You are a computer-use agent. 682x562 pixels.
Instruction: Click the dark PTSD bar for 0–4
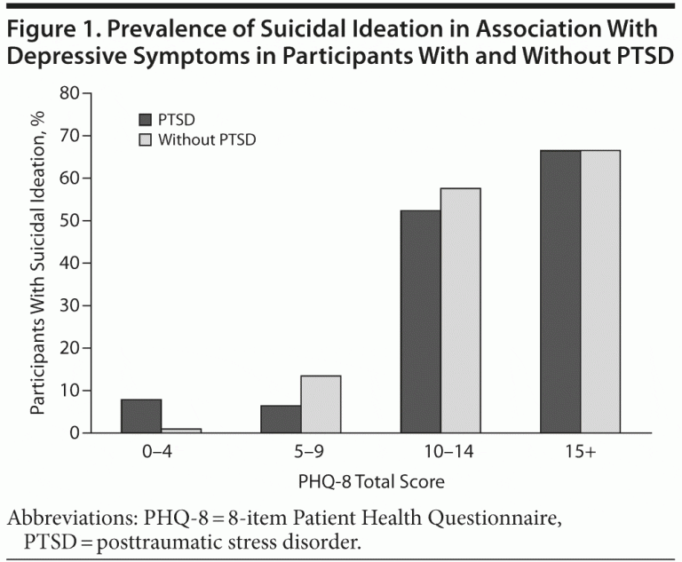141,416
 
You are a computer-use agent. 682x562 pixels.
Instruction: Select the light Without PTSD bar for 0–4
181,431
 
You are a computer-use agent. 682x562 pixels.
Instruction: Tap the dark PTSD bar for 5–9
282,419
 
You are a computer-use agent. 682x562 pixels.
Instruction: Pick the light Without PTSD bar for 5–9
321,404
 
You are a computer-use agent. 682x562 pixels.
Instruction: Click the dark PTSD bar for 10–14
421,321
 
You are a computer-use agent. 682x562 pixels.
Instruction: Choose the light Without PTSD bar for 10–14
460,310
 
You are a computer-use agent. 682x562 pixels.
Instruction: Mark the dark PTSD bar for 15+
560,291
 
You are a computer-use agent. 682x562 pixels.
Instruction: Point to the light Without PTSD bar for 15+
600,291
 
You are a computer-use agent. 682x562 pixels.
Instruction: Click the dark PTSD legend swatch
146,119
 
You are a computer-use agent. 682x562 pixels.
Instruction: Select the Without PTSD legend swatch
146,139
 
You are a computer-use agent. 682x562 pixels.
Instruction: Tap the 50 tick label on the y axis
70,220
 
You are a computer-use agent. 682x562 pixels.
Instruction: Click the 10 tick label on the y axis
70,391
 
